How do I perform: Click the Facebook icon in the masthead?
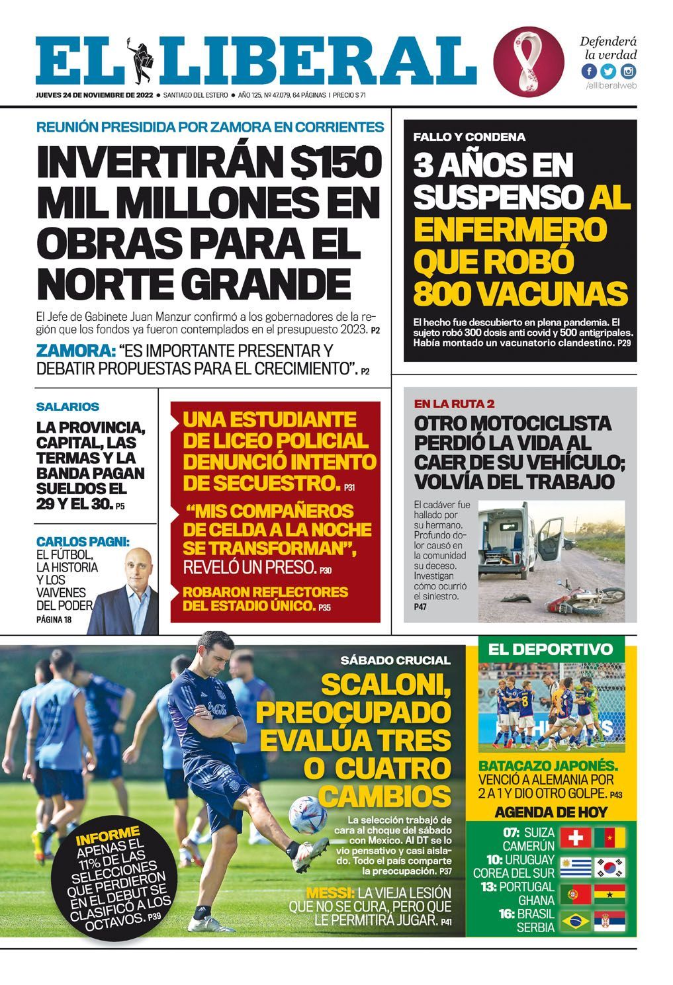coord(589,71)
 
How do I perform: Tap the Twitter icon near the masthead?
coord(608,71)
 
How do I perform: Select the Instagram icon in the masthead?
coord(627,71)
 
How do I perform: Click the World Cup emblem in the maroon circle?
coord(528,61)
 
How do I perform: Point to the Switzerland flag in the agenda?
coord(575,838)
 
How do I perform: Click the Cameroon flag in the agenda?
coord(609,838)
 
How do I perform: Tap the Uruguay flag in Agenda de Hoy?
coord(575,867)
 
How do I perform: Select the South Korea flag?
coord(609,867)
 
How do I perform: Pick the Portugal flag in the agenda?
coord(575,894)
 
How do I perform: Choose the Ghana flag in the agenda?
coord(609,894)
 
